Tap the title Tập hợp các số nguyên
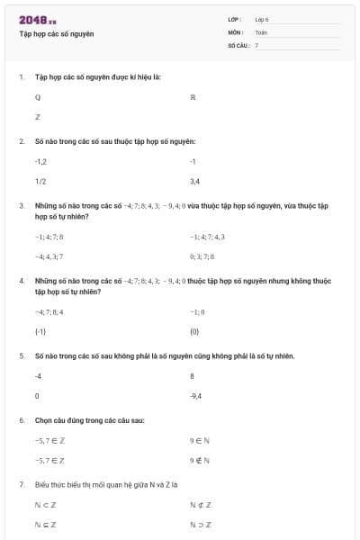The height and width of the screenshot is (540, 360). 56,34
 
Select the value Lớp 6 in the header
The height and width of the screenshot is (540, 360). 262,19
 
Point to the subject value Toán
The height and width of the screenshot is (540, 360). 261,31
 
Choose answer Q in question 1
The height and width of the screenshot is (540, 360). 38,96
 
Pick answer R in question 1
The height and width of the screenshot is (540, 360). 193,96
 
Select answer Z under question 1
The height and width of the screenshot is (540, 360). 38,117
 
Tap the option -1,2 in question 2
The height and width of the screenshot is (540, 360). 40,161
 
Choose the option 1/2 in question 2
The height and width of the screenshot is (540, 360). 40,181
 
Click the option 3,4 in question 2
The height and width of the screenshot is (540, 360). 194,181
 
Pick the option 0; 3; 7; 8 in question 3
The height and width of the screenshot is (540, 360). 202,256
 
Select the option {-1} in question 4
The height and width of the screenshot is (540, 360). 40,332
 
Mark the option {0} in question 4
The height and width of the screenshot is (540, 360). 194,332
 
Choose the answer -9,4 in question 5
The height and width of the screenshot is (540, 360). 196,396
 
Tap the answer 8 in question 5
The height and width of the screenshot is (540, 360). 193,376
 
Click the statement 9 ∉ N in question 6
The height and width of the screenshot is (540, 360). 200,460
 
